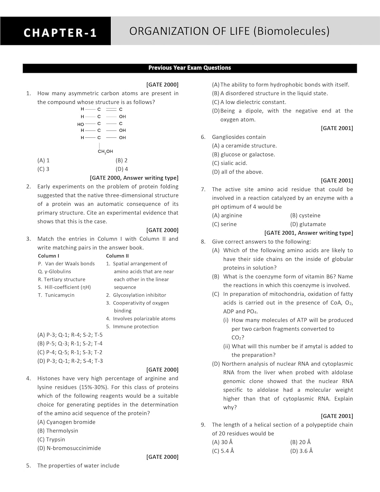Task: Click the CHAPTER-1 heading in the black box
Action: coord(60,33)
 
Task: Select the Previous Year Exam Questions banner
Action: coord(190,68)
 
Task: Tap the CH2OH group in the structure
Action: coord(105,152)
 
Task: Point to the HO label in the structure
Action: coord(81,124)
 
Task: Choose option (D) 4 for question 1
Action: coord(122,169)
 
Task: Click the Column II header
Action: coord(117,256)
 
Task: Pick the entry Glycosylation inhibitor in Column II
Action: coord(139,295)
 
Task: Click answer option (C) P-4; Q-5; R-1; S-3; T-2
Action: coord(70,352)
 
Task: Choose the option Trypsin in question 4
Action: coord(51,440)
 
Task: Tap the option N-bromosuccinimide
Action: coord(70,448)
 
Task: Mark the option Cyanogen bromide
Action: coord(67,422)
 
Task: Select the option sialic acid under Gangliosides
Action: coord(230,163)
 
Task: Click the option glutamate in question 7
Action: coord(308,224)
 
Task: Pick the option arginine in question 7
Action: coord(227,215)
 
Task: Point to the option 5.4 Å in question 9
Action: coord(223,451)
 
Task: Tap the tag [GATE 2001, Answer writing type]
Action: coord(309,233)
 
